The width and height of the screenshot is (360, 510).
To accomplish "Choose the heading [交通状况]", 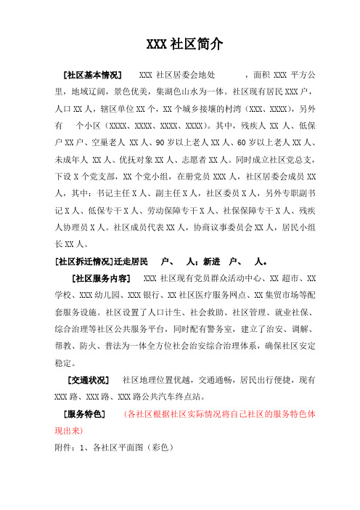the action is [86, 380].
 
